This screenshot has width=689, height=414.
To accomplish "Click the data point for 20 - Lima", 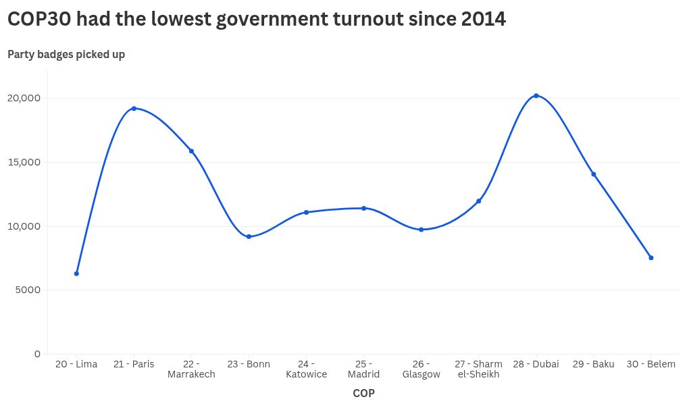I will point(76,274).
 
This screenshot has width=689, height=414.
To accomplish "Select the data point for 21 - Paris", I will point(134,108).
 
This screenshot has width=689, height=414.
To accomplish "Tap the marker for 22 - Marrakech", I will point(191,151).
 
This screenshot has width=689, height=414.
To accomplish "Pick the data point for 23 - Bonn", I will point(249,236).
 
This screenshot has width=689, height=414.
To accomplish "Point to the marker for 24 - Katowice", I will point(306,212).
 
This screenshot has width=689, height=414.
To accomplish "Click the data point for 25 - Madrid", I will point(363,208).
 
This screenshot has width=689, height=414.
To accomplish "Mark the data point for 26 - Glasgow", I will point(421,230).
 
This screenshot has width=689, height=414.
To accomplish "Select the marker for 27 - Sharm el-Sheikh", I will point(478,201).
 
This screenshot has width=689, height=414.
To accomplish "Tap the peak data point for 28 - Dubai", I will point(536,96).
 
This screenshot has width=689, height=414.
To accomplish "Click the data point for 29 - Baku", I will point(594,174).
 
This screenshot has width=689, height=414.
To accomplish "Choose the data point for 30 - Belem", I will point(651,257).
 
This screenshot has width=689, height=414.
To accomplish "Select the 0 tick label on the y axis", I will point(37,354).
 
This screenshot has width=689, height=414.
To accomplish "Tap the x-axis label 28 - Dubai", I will point(536,364).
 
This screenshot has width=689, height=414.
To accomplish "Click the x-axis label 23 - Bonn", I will point(249,364).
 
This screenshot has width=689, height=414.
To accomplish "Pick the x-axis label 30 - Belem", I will point(651,364).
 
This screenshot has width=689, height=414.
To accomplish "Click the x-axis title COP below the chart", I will point(363,393).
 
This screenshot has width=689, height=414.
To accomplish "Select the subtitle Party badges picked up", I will point(66,55).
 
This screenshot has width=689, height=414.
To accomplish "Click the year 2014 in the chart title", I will point(484,20).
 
